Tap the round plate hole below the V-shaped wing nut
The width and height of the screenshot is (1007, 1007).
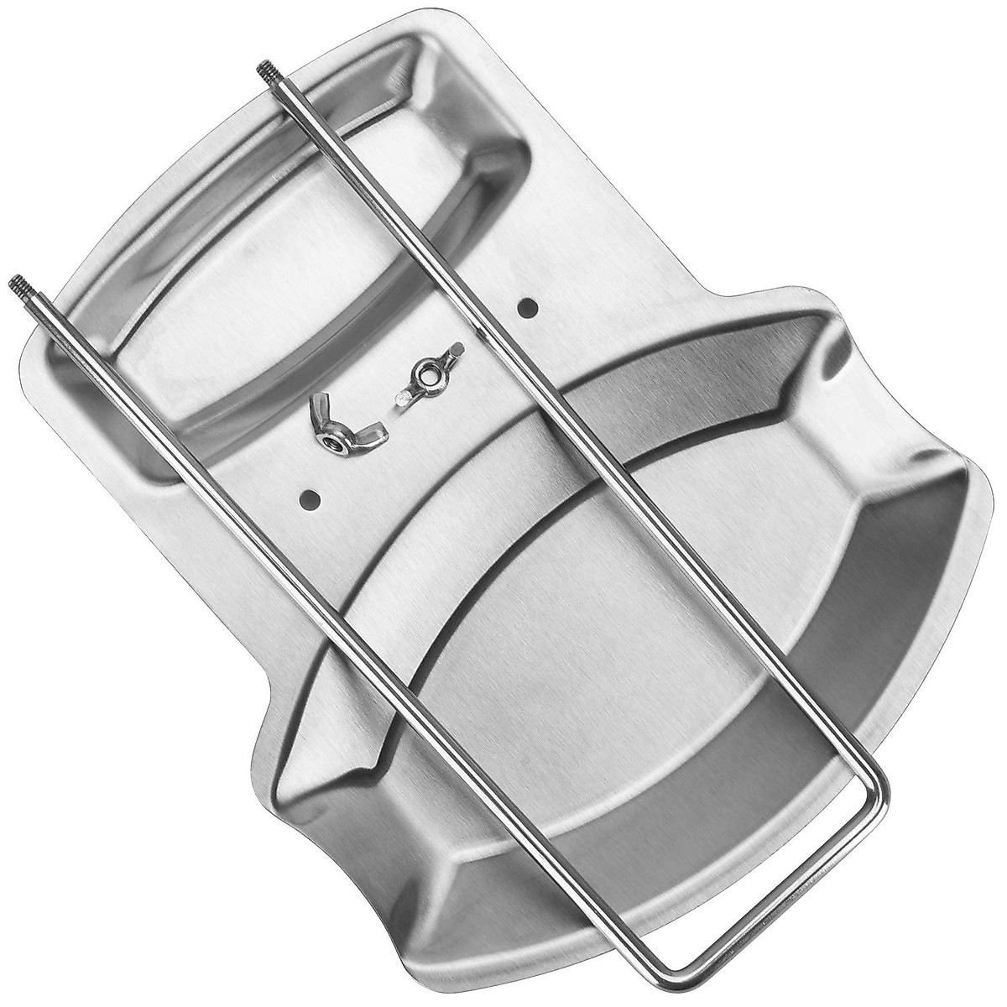pyautogui.click(x=312, y=501)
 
